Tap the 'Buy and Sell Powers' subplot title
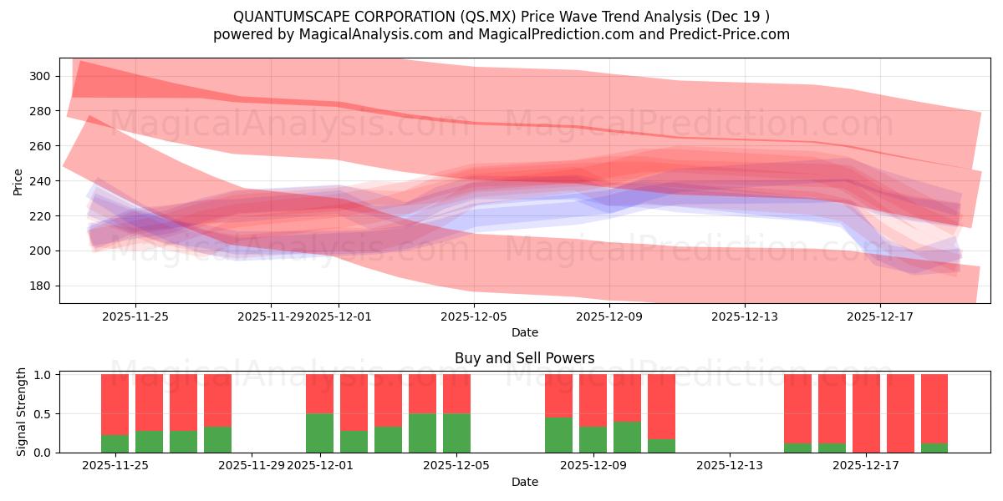[524, 358]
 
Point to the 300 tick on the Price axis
[40, 76]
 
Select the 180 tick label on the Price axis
[40, 286]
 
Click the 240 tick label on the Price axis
[40, 181]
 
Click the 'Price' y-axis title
[18, 181]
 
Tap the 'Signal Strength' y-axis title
[22, 412]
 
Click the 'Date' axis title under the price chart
[524, 332]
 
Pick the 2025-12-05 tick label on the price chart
[474, 316]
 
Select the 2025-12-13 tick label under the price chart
[745, 316]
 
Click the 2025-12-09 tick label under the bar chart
[593, 465]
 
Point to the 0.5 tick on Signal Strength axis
[45, 414]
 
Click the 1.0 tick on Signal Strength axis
[45, 375]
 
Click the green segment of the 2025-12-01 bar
[319, 433]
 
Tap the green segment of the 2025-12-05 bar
[456, 433]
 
